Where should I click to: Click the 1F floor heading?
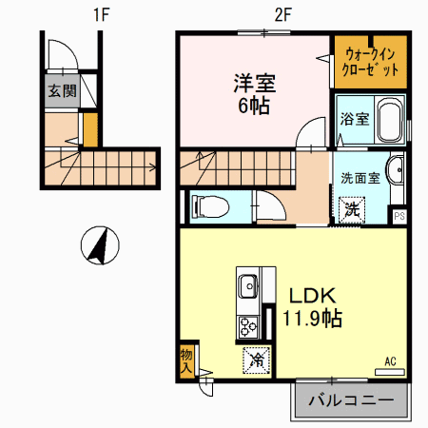(102, 14)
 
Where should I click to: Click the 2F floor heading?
(282, 14)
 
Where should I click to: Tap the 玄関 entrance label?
(62, 91)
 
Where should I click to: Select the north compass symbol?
(100, 245)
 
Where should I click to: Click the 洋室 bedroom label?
(255, 84)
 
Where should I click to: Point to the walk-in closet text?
(370, 62)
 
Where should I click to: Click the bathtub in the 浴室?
(390, 120)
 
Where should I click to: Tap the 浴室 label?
(355, 119)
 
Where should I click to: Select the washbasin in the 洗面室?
(395, 169)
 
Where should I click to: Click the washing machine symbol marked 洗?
(352, 210)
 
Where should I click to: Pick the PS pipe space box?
(399, 216)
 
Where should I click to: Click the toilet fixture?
(210, 206)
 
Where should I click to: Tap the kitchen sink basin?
(248, 286)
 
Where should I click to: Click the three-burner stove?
(248, 326)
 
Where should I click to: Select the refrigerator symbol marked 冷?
(257, 360)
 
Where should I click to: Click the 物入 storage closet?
(186, 361)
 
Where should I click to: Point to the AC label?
(390, 361)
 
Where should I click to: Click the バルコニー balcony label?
(351, 400)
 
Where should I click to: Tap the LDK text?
(312, 296)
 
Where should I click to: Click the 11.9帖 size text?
(312, 319)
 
